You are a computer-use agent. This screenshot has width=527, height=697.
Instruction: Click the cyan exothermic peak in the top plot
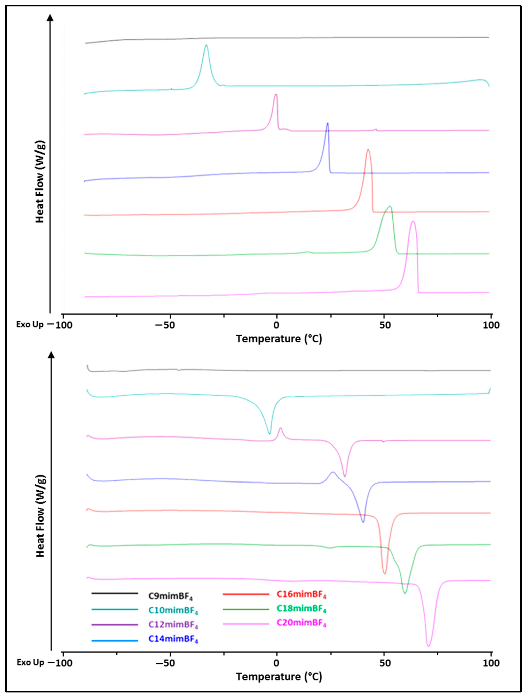(x=206, y=45)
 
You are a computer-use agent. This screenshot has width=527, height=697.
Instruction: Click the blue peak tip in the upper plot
(x=327, y=123)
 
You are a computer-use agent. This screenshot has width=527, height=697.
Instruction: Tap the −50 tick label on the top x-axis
(x=165, y=325)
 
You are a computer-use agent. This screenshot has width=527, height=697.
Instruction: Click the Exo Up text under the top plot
(x=30, y=324)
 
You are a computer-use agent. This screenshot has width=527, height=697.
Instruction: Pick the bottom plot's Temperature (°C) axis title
(x=279, y=677)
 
